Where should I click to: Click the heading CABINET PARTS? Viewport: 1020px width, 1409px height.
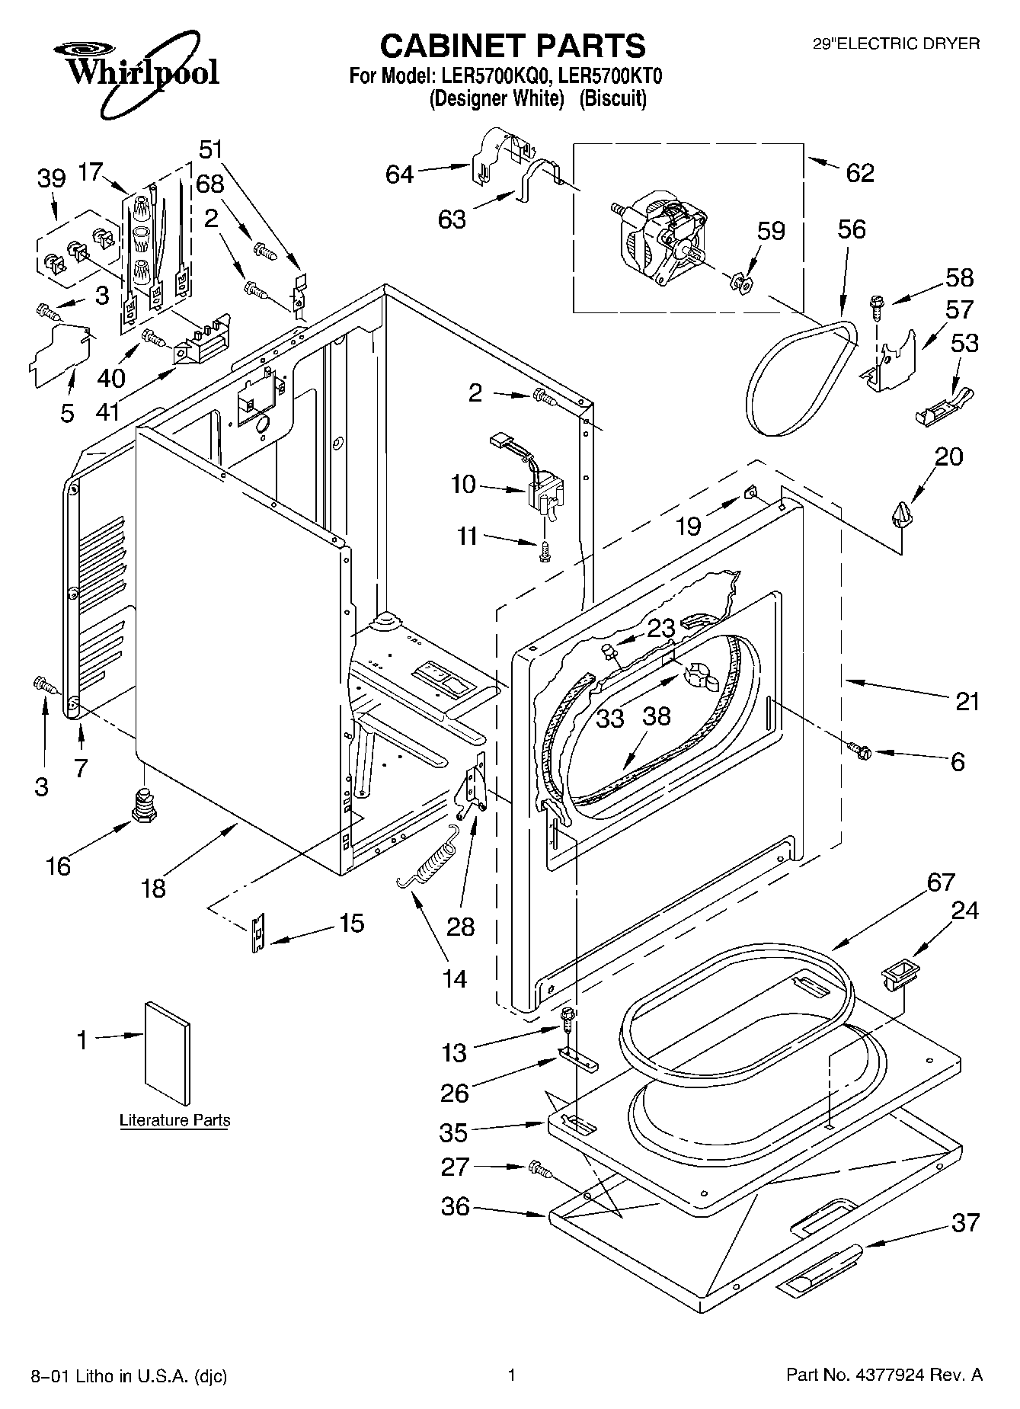[x=512, y=46]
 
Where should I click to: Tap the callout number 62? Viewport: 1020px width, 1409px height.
[x=859, y=173]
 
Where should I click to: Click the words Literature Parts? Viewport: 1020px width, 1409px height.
[x=174, y=1120]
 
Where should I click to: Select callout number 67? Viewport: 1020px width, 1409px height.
[x=941, y=882]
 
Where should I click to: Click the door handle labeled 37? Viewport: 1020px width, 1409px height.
[x=820, y=1266]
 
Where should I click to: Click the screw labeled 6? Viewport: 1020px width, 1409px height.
[x=859, y=751]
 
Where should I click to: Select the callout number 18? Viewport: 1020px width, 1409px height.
[x=153, y=888]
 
